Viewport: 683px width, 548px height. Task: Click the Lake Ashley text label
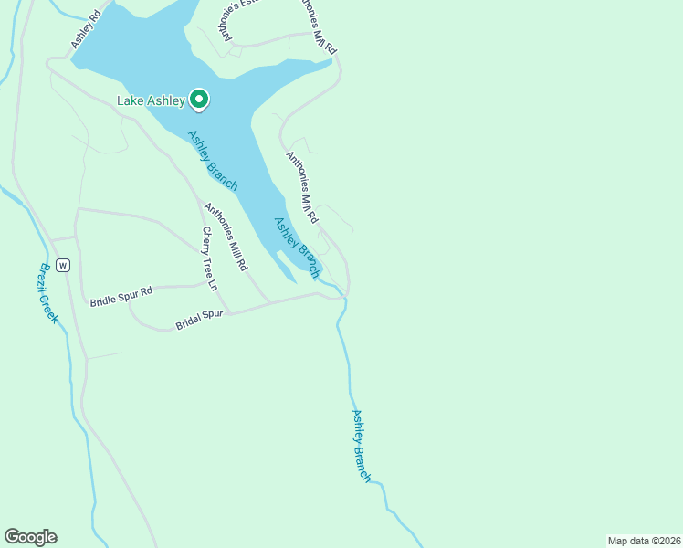coord(151,100)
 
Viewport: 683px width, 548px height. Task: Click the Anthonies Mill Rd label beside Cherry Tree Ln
coord(226,237)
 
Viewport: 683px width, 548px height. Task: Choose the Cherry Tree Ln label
coord(210,258)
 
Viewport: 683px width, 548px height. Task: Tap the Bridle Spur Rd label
coord(121,296)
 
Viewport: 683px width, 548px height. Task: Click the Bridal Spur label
coord(199,320)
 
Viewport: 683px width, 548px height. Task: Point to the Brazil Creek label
coord(48,293)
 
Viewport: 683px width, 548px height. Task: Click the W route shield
coord(62,266)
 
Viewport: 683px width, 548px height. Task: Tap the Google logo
coord(30,537)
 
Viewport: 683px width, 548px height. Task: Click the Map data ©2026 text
coord(643,540)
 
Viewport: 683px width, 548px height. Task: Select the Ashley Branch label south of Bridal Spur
coord(362,446)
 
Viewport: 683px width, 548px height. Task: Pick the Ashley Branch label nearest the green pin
coord(213,161)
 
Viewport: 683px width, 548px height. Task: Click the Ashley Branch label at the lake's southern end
coord(298,247)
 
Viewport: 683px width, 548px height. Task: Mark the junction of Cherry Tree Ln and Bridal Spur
coord(228,312)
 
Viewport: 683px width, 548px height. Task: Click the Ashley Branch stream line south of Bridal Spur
coord(348,365)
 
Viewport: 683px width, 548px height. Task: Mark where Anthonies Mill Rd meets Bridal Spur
coord(268,302)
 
